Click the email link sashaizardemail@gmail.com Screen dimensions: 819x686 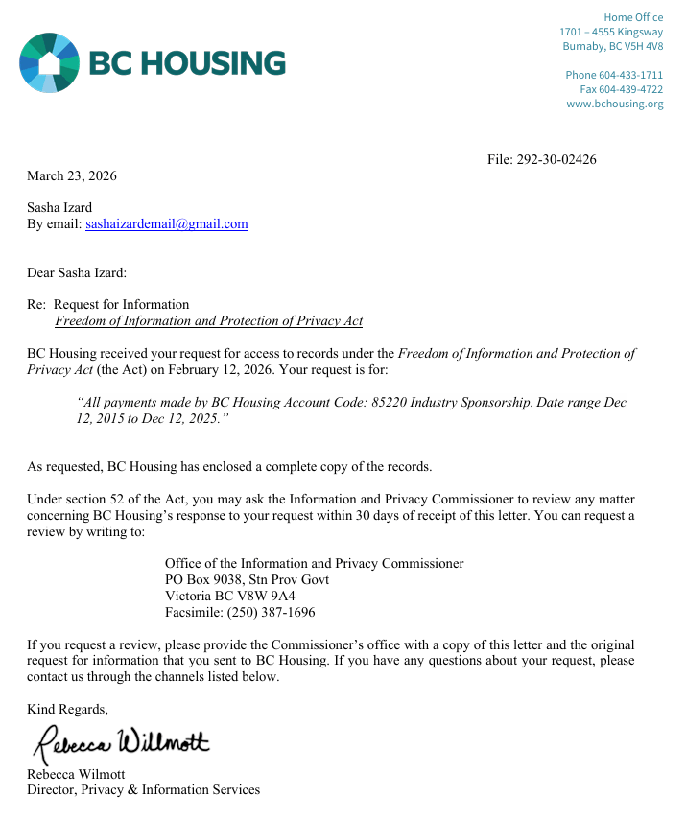(167, 224)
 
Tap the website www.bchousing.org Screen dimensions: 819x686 (614, 104)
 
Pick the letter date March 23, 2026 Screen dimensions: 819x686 (72, 175)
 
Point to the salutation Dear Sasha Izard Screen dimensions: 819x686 (77, 273)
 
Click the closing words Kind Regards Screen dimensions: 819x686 (67, 710)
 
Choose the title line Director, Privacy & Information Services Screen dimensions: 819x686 (143, 790)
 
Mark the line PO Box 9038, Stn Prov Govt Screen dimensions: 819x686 (247, 579)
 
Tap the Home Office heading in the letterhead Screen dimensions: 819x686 (633, 17)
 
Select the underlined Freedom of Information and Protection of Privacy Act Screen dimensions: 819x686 (208, 321)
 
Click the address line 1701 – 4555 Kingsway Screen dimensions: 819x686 (611, 32)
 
